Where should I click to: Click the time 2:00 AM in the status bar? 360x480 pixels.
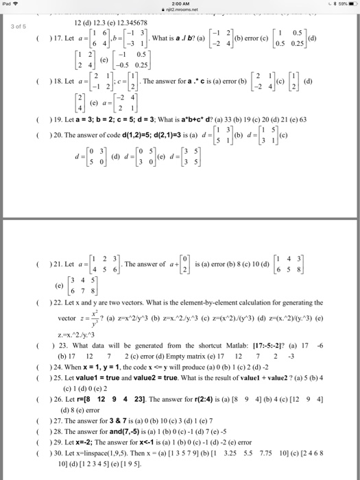180,3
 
